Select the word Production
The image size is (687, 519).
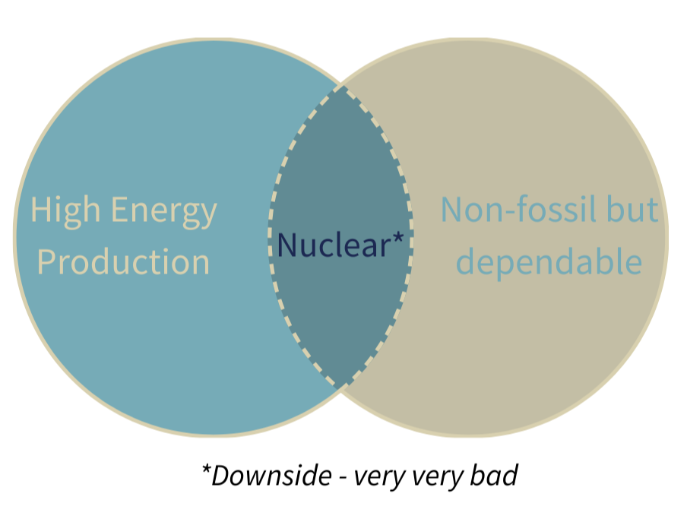coord(124,261)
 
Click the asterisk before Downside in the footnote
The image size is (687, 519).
coord(205,467)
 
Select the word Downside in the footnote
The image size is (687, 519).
coord(270,476)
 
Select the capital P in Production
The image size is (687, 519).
coord(46,261)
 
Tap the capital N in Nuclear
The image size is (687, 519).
coord(287,244)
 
